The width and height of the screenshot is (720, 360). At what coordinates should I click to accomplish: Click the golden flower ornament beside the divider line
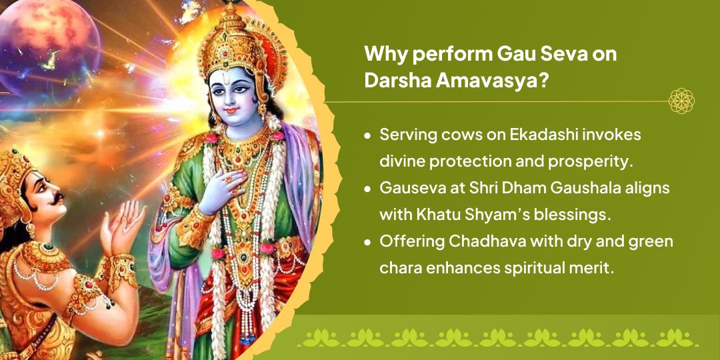[681, 101]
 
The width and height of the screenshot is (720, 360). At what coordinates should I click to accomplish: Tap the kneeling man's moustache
[57, 199]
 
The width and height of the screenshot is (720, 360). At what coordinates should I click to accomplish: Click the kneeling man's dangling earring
[30, 227]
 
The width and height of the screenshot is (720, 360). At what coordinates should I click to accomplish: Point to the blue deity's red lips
[232, 110]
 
